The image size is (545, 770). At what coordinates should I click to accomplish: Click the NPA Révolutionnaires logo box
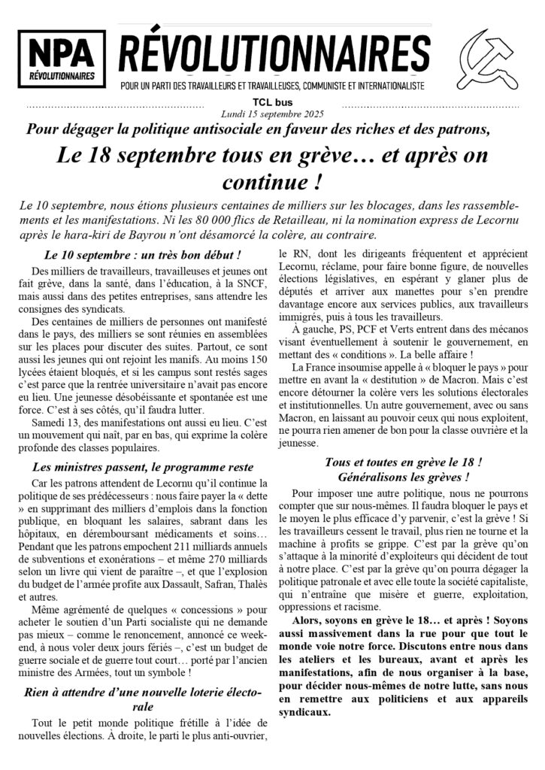tap(62, 59)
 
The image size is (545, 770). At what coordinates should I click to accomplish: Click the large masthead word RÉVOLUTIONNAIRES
tap(274, 53)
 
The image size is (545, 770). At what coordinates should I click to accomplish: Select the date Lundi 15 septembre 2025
tap(272, 114)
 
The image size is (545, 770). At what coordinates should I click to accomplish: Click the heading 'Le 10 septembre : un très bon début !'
tap(143, 255)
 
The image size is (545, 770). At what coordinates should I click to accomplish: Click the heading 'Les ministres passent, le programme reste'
tap(143, 466)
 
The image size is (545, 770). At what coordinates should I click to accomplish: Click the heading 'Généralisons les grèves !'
tap(404, 477)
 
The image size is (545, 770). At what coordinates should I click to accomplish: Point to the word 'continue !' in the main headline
tap(272, 181)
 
